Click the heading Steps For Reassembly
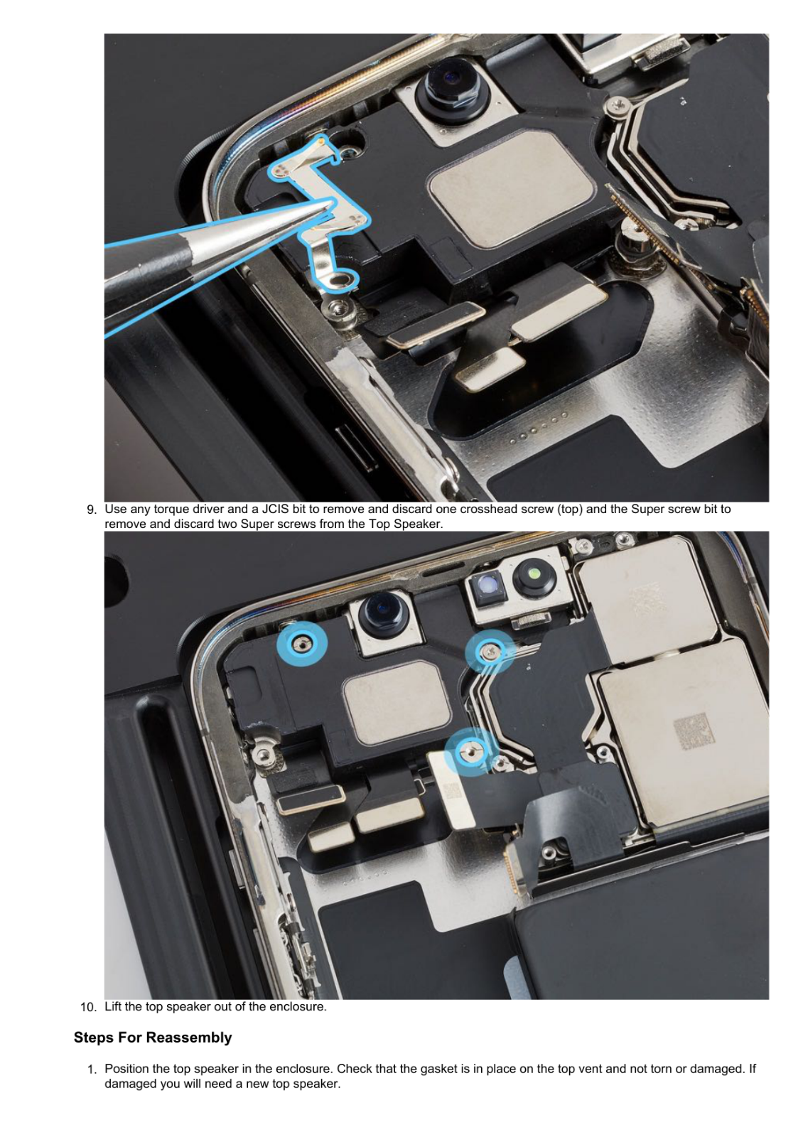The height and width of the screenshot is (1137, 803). click(153, 1038)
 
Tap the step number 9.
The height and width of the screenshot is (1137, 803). click(91, 510)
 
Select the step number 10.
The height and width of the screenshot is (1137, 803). click(88, 1007)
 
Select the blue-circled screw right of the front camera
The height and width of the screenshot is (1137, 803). click(490, 650)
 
